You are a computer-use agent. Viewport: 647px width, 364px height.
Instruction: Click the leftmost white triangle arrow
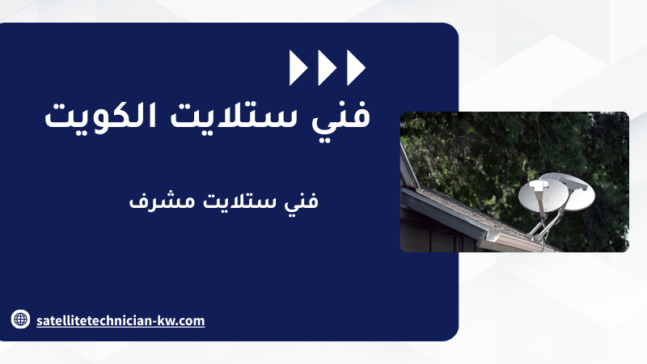[x=297, y=68]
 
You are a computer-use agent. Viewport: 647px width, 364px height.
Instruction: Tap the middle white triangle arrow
[x=326, y=68]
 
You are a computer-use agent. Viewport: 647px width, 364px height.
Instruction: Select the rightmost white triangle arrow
[x=355, y=68]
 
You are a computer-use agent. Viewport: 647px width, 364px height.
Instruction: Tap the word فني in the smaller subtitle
[x=301, y=201]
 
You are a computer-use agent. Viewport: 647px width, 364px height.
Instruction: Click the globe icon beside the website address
[x=20, y=319]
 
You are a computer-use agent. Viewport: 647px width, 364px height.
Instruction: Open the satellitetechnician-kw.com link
[x=121, y=320]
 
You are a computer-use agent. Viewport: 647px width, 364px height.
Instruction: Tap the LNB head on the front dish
[x=538, y=186]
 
